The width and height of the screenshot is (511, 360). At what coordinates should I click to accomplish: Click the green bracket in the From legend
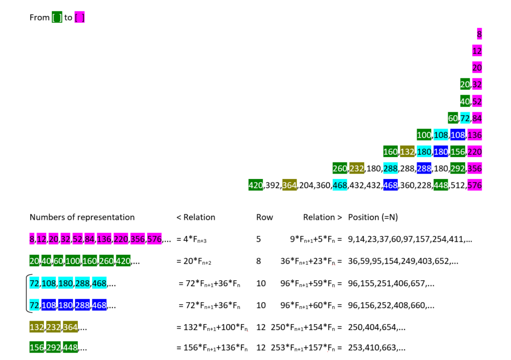(x=57, y=17)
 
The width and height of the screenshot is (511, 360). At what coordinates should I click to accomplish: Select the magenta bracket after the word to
(x=79, y=17)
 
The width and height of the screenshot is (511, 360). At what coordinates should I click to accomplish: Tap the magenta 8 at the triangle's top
(x=479, y=34)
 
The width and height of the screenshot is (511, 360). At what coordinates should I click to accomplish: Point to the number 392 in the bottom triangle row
(x=272, y=185)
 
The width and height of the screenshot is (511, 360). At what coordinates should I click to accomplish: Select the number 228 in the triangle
(x=424, y=185)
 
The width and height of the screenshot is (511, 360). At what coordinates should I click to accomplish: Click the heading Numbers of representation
(x=82, y=217)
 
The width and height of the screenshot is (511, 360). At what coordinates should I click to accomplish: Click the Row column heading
(x=264, y=217)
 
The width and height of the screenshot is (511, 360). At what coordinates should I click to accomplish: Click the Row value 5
(x=258, y=239)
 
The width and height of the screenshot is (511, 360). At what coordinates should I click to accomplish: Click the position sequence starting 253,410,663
(x=377, y=348)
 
